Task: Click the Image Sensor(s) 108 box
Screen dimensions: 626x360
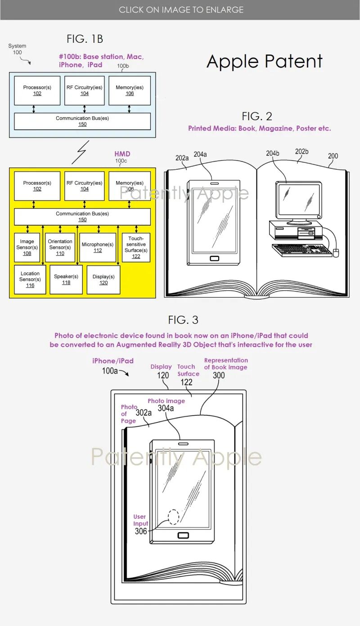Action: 27,247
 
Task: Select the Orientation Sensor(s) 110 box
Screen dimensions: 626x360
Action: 60,247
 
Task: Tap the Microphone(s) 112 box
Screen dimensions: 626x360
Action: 98,247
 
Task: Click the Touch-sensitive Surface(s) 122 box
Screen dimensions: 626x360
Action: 136,247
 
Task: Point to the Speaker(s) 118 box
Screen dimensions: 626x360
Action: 66,279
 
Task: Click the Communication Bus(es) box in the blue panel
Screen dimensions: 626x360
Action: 82,121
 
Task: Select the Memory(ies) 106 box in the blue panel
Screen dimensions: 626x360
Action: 130,90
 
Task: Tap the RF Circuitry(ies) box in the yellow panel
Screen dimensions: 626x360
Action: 85,186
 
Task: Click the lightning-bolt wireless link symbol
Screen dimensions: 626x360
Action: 79,152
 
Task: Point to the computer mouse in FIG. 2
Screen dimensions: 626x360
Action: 335,252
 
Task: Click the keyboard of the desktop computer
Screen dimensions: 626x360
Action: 301,250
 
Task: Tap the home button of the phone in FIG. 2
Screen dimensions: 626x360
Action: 214,259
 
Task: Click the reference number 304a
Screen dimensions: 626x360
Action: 166,408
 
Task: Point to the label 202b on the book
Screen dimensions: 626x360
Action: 301,152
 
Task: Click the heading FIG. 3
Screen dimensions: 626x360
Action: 183,320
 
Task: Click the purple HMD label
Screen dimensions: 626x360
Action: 122,154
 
